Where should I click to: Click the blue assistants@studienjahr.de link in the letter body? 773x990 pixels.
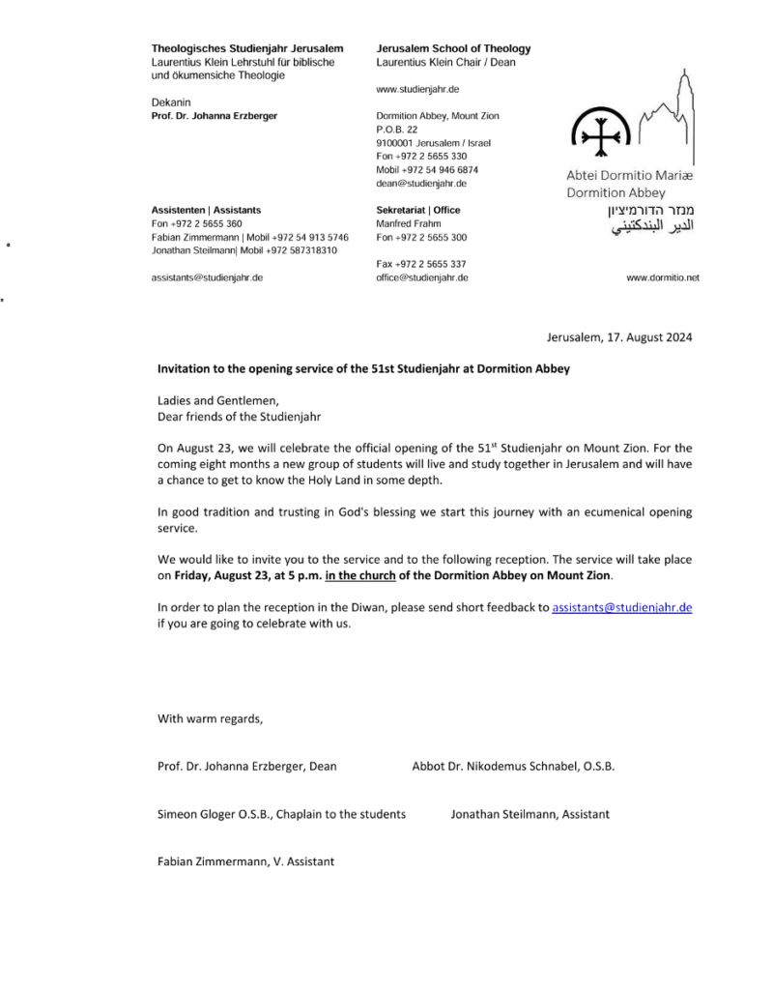coord(621,607)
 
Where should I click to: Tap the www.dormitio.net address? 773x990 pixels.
coord(663,277)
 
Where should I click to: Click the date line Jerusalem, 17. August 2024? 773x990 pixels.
coord(619,337)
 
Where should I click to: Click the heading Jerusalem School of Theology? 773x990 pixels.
coord(453,49)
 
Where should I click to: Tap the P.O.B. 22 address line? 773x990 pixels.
coord(396,130)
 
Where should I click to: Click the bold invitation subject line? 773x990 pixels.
coord(363,368)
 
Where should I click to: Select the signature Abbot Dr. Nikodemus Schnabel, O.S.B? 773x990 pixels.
coord(513,767)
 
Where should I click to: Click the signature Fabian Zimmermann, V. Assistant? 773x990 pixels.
coord(245,860)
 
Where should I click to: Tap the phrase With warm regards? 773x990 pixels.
coord(210,718)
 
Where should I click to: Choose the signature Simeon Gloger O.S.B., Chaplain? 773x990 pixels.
coord(281,814)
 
